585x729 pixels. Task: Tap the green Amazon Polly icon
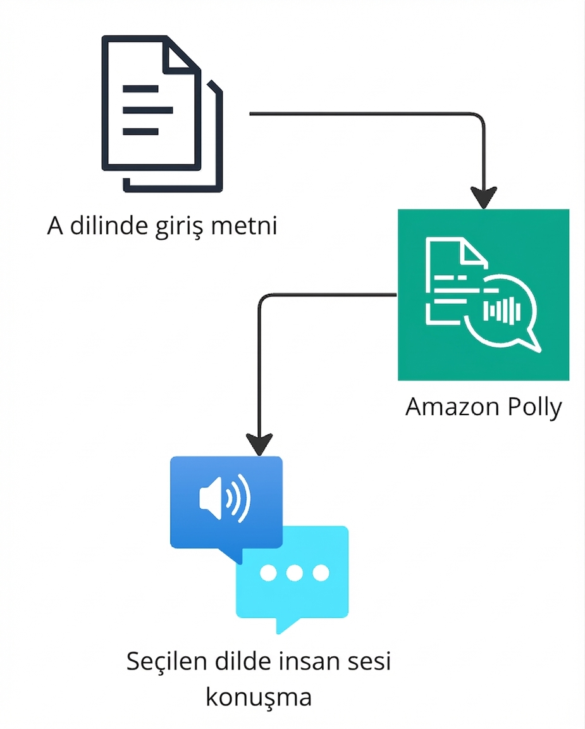pos(483,294)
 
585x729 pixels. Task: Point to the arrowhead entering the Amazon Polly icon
pos(484,198)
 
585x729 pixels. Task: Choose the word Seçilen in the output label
pos(166,662)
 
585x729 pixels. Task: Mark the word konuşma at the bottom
pos(259,697)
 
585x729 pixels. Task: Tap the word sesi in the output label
pos(367,662)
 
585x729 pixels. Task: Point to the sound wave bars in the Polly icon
pos(502,310)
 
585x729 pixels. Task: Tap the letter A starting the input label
pos(56,226)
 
